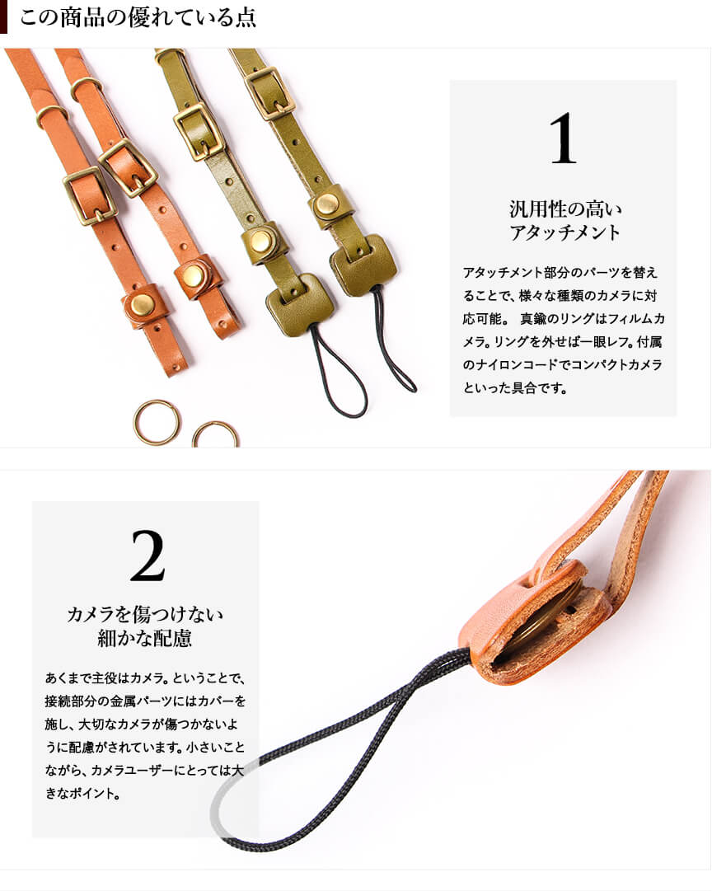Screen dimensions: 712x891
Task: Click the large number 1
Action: (x=563, y=138)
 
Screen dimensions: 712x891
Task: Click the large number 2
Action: (x=148, y=556)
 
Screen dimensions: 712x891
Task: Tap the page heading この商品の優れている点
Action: (x=138, y=17)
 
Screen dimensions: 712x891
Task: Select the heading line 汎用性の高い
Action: (x=565, y=209)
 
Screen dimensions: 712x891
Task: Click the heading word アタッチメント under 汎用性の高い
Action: (x=564, y=232)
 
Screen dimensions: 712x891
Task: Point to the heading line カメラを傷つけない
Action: (x=145, y=614)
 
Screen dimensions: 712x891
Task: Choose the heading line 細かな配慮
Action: (x=145, y=639)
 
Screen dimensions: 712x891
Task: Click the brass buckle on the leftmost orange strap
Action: (x=90, y=195)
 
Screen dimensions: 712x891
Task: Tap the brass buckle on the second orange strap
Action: (x=129, y=167)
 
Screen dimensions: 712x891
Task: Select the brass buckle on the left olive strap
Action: (x=199, y=132)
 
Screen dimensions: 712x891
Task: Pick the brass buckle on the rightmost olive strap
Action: (x=270, y=93)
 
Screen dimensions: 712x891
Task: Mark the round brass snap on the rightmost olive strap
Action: (x=326, y=204)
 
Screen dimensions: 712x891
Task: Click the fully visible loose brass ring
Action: (x=157, y=422)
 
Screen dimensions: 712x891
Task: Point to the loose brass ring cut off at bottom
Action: (x=215, y=431)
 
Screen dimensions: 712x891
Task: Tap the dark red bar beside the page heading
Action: (x=3, y=17)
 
